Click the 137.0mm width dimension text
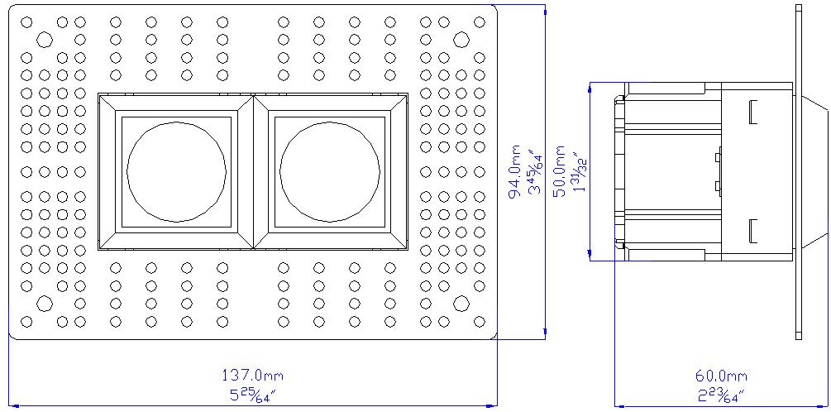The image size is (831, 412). pos(252,376)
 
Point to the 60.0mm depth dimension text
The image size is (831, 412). pos(721,376)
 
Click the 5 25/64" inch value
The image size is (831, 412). pos(252,395)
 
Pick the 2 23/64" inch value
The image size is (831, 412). pos(721,395)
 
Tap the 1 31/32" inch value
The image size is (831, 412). pos(581,170)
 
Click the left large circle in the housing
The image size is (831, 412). pos(176,172)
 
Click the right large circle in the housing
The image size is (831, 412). pos(330,172)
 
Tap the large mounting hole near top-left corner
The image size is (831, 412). pos(45,39)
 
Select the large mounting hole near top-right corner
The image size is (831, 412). pos(461,39)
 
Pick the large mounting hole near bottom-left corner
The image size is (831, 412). pos(45,304)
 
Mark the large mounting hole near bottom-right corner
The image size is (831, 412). pos(461,304)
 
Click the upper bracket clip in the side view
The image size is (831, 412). pos(752,112)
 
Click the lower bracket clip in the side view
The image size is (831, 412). pos(752,231)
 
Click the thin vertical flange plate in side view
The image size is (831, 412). pos(799,172)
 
